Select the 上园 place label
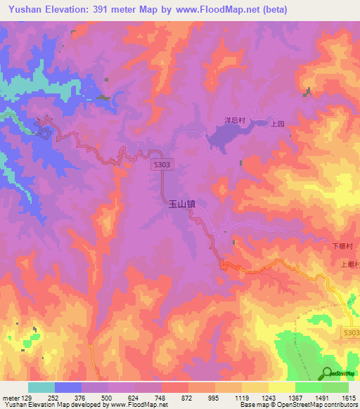277,124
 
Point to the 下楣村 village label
341,247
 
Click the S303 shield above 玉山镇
160,164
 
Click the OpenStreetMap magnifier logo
328,372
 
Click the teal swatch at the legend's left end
41,387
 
